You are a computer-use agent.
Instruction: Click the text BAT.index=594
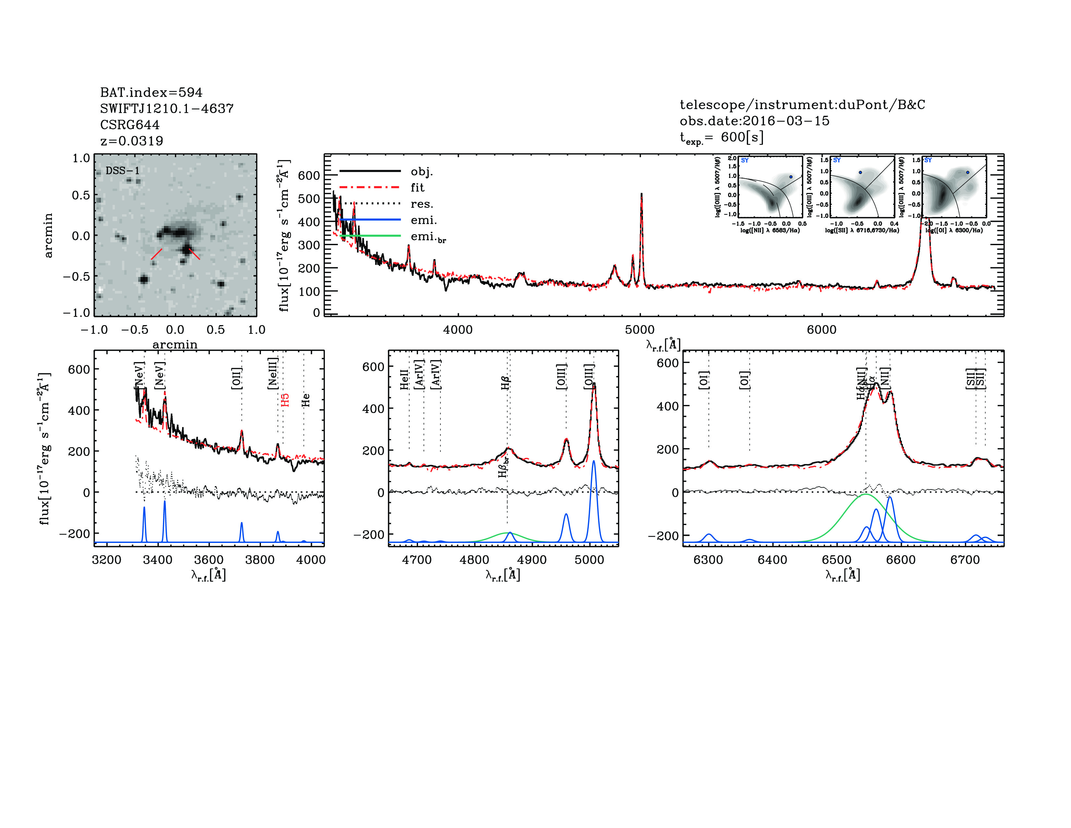click(x=151, y=92)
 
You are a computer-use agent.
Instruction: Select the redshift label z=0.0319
click(x=131, y=141)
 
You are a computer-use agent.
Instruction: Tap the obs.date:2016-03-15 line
click(x=754, y=121)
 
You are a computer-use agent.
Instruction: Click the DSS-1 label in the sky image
click(x=123, y=171)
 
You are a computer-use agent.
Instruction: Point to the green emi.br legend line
click(x=370, y=236)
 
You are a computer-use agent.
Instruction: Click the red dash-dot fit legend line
click(x=370, y=187)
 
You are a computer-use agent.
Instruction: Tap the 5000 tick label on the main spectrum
click(x=639, y=330)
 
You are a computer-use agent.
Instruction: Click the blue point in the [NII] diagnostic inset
click(x=791, y=177)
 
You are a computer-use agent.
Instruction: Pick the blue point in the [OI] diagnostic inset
click(x=967, y=172)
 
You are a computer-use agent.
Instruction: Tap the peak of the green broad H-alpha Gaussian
click(x=866, y=495)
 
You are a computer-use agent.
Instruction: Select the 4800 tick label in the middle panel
click(x=474, y=560)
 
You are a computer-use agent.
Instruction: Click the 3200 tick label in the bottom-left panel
click(x=106, y=560)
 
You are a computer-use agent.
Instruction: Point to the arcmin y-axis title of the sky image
click(x=48, y=235)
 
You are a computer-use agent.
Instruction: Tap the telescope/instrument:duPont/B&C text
click(x=802, y=105)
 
